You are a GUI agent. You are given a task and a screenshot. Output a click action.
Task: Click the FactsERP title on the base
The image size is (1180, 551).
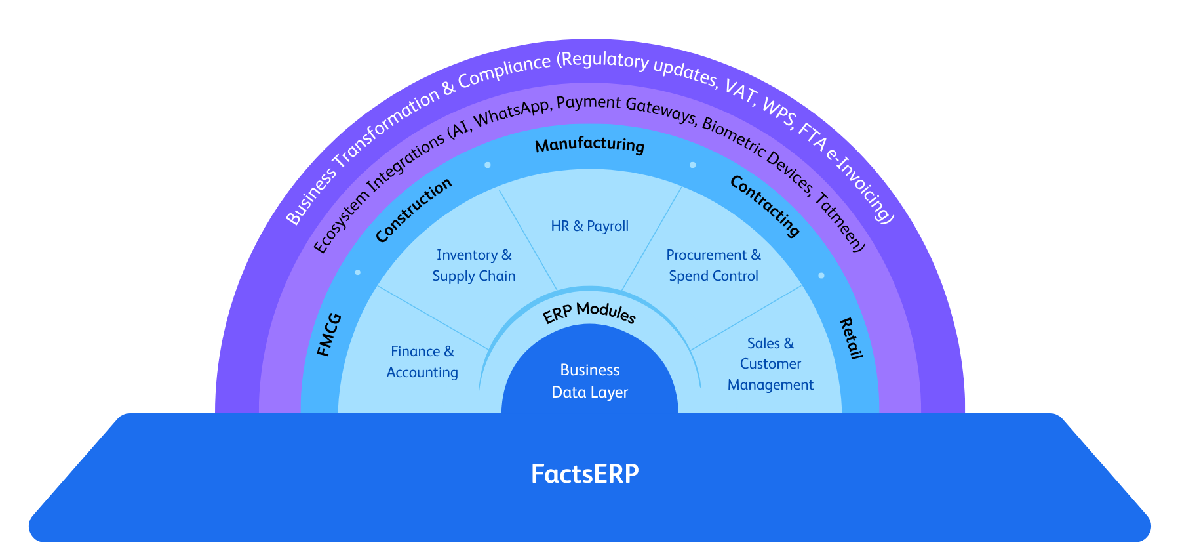click(x=584, y=474)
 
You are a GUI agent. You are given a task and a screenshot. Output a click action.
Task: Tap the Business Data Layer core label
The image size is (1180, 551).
click(x=589, y=381)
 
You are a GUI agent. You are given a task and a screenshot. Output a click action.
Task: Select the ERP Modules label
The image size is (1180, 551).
click(x=589, y=313)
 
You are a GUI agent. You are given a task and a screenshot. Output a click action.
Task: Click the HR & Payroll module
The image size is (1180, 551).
click(x=589, y=226)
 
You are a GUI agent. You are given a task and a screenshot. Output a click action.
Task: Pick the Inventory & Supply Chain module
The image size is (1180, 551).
click(x=474, y=266)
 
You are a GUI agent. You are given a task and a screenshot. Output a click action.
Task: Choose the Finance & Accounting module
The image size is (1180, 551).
click(x=422, y=362)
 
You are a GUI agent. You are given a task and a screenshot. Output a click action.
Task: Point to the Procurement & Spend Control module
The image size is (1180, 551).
click(x=713, y=266)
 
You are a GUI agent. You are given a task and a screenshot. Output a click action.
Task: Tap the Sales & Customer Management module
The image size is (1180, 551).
click(x=770, y=364)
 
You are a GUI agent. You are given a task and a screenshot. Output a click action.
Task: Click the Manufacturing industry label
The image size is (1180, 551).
click(x=589, y=145)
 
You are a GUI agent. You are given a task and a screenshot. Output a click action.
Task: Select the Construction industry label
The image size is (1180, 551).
click(x=414, y=210)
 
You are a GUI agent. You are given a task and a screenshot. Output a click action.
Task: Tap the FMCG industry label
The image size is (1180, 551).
click(x=329, y=335)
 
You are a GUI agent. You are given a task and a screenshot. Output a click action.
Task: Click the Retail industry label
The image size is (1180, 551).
click(x=851, y=338)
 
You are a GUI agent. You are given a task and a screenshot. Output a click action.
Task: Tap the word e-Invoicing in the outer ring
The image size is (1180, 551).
click(x=859, y=187)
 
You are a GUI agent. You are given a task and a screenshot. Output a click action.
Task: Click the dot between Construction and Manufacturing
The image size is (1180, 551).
click(x=488, y=165)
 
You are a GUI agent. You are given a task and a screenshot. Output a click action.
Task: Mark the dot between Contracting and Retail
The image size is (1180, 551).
click(x=821, y=275)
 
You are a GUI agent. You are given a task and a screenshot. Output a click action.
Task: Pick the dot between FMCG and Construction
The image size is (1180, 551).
click(x=358, y=272)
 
